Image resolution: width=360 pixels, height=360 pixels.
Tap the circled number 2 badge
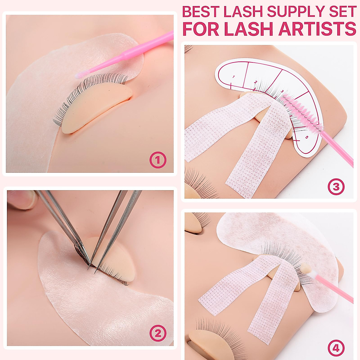click(x=158, y=333)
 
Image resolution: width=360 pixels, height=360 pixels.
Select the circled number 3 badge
click(x=336, y=187)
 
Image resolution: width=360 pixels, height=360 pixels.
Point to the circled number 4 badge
click(x=336, y=348)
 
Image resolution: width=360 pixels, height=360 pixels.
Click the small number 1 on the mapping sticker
click(x=233, y=77)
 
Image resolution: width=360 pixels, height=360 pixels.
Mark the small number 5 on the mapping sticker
click(x=306, y=137)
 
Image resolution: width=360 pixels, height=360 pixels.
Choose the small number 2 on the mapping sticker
click(x=256, y=82)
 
